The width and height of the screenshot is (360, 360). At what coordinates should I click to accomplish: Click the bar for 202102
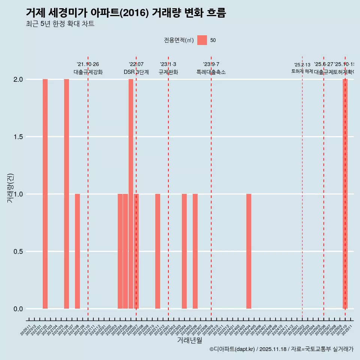(x=45, y=194)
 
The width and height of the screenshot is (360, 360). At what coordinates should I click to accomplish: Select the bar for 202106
(x=66, y=194)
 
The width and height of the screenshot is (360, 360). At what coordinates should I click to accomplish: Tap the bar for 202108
(x=77, y=251)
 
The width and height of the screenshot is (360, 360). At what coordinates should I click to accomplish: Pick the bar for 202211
(x=157, y=251)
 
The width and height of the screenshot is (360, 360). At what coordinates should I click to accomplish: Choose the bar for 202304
(x=184, y=251)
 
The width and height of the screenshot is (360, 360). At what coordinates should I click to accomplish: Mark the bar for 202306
(x=195, y=251)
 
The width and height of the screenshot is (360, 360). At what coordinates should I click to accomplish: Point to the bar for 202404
(x=249, y=251)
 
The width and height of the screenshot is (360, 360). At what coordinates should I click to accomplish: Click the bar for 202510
(x=345, y=194)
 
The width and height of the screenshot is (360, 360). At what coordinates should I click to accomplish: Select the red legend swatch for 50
(x=202, y=40)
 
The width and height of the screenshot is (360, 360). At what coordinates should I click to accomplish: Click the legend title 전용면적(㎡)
(x=179, y=40)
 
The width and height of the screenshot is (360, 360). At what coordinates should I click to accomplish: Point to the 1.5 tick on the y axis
(x=17, y=137)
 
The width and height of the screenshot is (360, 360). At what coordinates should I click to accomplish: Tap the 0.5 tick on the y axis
(x=17, y=252)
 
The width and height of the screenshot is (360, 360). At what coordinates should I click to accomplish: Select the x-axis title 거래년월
(x=189, y=340)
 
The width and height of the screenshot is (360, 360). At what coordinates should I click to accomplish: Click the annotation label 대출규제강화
(x=88, y=72)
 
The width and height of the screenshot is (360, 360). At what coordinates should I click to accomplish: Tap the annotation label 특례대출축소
(x=211, y=72)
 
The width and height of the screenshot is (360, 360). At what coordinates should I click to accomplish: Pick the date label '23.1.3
(x=168, y=64)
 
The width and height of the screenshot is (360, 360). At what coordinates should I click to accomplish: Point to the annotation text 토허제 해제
(x=302, y=71)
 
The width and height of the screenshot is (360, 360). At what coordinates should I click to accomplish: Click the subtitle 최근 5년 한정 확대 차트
(x=60, y=24)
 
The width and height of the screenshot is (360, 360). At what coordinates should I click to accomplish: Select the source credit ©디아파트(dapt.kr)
(x=232, y=349)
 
